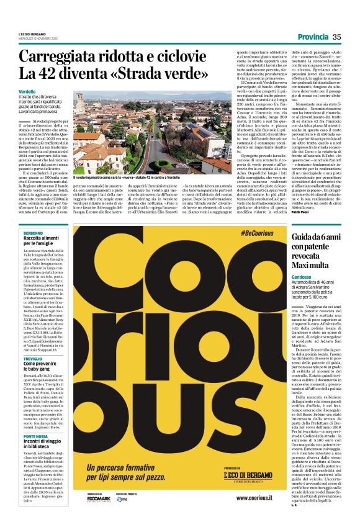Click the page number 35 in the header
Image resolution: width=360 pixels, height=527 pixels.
337,37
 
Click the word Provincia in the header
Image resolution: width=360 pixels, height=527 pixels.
312,37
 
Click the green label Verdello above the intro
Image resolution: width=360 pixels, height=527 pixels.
27,91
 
